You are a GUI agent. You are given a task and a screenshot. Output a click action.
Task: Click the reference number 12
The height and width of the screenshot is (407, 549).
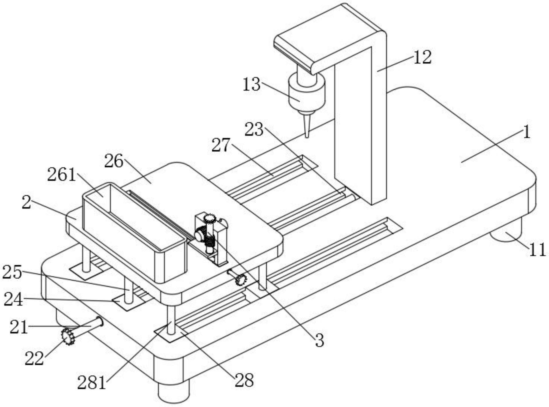point(422,57)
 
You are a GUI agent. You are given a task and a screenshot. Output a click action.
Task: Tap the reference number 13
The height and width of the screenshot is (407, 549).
point(251,85)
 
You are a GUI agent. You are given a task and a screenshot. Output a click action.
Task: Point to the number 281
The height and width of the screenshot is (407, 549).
point(91,382)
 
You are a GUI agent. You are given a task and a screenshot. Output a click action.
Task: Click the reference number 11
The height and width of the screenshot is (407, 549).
point(537,249)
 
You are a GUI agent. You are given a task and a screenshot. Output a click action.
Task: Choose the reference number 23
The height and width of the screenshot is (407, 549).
point(254,129)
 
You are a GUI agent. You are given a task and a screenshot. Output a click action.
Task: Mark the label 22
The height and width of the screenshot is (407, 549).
point(34,358)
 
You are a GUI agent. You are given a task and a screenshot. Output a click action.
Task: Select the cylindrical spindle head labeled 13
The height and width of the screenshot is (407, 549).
point(307,93)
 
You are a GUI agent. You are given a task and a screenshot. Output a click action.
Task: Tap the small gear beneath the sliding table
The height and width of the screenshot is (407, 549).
point(241,279)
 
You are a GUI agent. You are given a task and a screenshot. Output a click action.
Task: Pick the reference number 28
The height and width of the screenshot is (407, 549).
point(244,380)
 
